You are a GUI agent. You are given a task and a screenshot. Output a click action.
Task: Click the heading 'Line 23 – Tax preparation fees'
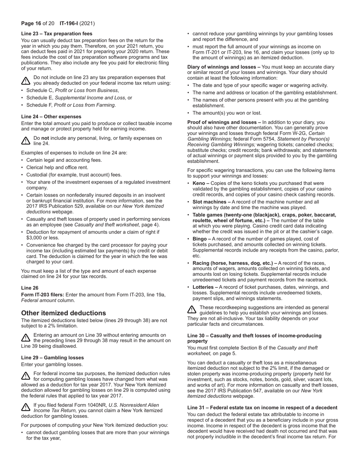56,34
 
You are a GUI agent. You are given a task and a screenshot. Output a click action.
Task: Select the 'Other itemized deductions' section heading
63,313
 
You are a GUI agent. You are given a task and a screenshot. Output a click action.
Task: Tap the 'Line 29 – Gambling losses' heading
52,358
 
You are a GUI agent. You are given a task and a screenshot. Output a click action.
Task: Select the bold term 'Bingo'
200,239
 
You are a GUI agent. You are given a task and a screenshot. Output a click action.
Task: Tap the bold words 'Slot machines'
209,202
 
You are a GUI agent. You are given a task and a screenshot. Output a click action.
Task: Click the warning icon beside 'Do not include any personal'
25,141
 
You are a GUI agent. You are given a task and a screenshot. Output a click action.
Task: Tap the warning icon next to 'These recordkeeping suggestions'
192,310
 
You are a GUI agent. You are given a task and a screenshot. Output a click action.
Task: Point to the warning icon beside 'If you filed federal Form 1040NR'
25,407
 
